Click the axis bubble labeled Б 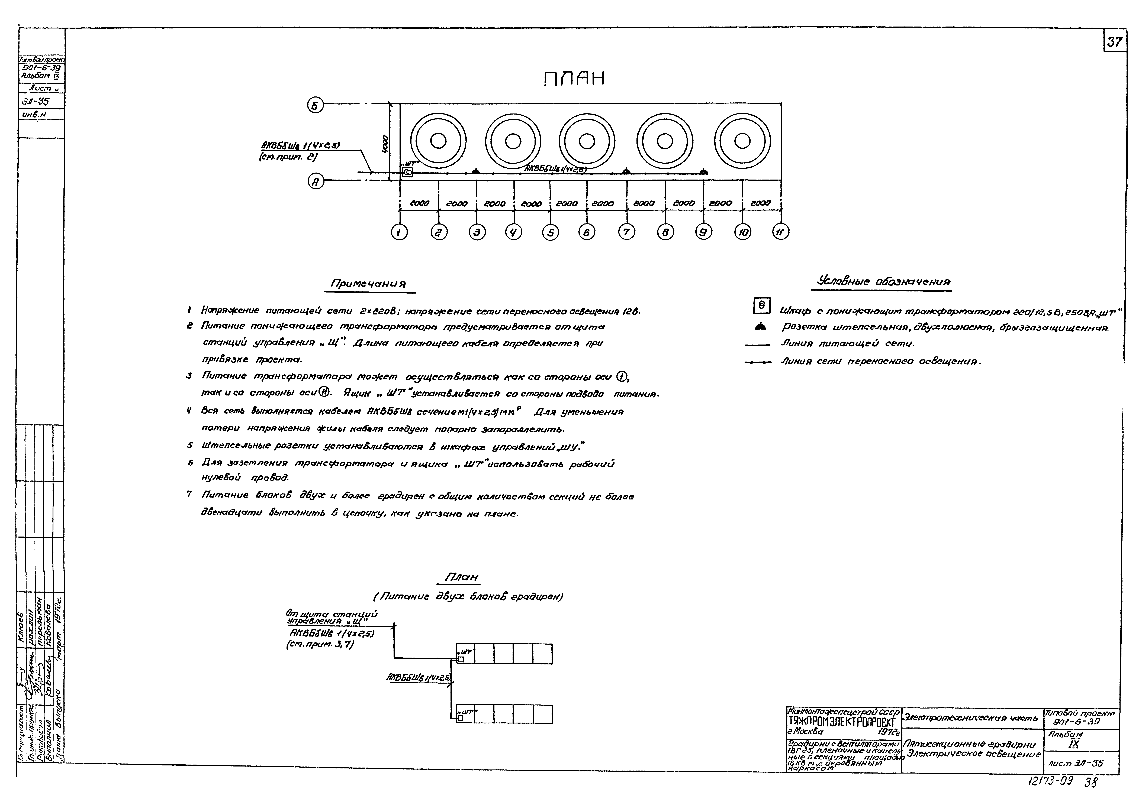coord(315,105)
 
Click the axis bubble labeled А coord(315,182)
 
